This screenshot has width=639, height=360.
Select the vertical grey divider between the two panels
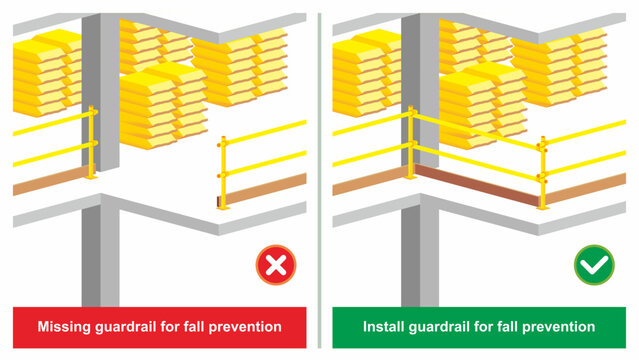point(319,180)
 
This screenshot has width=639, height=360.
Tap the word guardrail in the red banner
point(130,327)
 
